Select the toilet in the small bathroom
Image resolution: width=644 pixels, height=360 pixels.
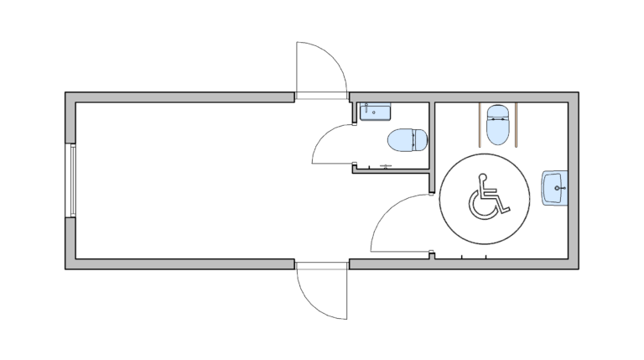[x=407, y=139]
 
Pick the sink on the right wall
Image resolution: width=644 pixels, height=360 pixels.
[x=554, y=187]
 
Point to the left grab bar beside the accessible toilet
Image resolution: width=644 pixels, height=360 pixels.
[x=479, y=123]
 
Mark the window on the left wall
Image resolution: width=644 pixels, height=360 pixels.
[x=73, y=180]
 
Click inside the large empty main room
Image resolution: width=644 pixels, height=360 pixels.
[x=184, y=180]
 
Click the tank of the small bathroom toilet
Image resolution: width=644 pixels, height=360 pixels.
[x=423, y=139]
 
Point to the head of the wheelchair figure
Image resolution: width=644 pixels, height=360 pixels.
[x=482, y=177]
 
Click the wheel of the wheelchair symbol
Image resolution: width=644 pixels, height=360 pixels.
[x=481, y=206]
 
